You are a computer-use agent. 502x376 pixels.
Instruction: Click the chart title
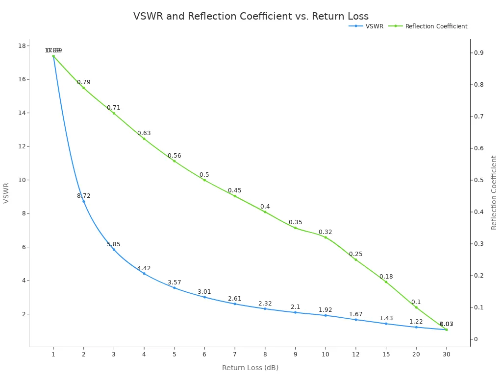tap(251, 16)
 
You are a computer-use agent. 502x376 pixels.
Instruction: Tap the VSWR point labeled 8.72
tap(83, 201)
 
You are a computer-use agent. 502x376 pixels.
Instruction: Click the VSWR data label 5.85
tap(114, 244)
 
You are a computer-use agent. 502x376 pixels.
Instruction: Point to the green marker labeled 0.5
tap(204, 180)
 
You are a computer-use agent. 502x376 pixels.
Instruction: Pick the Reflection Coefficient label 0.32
tap(326, 232)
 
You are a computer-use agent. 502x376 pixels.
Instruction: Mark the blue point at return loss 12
tap(356, 320)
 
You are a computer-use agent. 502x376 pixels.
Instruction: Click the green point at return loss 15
tap(386, 282)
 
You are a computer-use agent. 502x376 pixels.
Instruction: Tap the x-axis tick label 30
tap(446, 354)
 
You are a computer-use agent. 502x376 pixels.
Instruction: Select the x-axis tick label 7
tap(235, 354)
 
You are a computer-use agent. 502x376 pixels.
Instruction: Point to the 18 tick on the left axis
tap(22, 46)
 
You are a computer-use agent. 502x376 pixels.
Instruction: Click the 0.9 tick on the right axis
tap(478, 53)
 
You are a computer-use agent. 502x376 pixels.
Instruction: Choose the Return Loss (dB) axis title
tap(250, 368)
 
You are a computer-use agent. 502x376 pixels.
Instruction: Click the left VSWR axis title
tap(6, 193)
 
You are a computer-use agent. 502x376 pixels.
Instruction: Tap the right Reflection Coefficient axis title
tap(494, 192)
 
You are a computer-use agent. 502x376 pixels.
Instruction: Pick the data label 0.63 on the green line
tap(144, 133)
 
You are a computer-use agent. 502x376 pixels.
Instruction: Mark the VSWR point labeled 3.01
tap(204, 297)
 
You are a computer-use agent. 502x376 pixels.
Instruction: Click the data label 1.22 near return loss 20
tap(416, 322)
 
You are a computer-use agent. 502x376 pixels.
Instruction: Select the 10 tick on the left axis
tap(22, 180)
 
